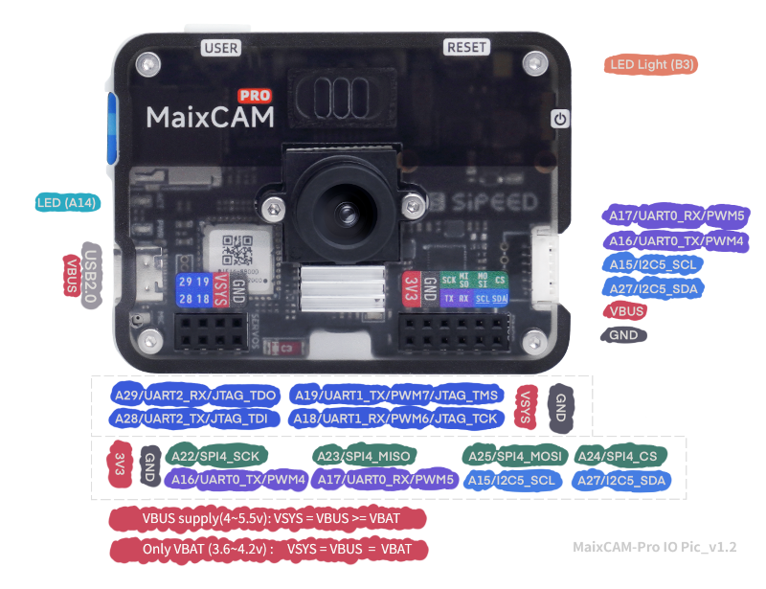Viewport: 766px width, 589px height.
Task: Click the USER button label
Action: coord(220,47)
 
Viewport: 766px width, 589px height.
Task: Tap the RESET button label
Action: coord(467,47)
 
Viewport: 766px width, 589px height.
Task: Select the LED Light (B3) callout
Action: coord(652,65)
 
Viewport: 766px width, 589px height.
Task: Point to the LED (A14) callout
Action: coord(65,203)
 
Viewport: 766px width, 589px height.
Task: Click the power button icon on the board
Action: coord(560,119)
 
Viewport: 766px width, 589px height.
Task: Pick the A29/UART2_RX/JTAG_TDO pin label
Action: coord(195,396)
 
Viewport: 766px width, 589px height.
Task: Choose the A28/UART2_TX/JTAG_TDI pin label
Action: coord(195,419)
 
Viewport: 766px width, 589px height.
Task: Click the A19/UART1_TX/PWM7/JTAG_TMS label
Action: coord(396,396)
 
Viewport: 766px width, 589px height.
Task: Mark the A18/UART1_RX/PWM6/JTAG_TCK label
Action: coord(396,419)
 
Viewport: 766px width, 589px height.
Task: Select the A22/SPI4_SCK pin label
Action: coord(218,456)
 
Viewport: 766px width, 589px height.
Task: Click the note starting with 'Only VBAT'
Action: coord(269,550)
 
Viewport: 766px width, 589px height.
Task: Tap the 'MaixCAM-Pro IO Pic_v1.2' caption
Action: coord(654,547)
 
